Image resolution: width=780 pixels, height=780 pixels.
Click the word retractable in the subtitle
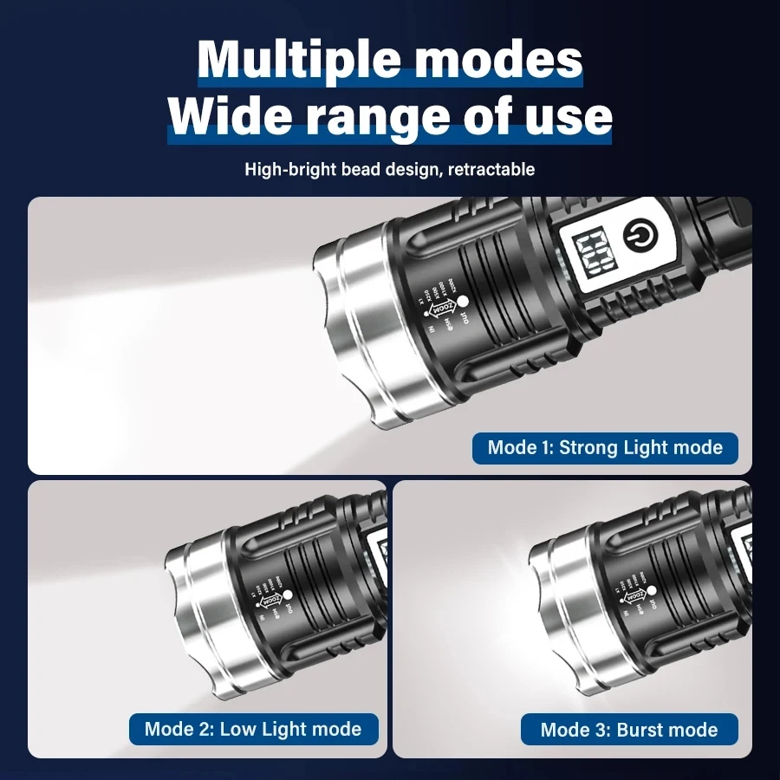coord(492,169)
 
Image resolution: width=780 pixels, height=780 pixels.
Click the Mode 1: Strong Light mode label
coord(604,448)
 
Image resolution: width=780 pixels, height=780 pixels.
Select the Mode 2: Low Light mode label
coord(253,729)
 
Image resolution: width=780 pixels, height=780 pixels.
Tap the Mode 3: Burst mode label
coord(629,730)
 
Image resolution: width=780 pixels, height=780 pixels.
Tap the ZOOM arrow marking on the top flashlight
coord(443,306)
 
